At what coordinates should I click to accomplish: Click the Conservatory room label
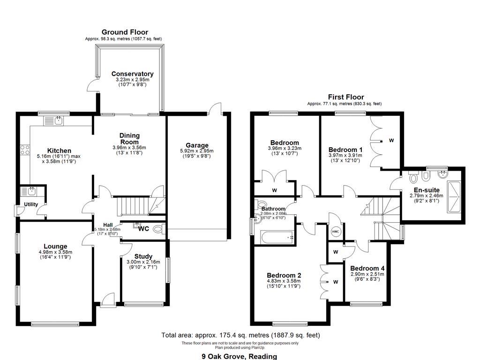point(132,74)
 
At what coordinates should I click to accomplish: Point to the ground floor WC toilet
point(158,229)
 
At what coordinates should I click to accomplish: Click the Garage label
point(197,145)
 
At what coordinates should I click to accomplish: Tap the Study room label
point(143,256)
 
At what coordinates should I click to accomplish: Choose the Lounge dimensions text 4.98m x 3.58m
point(55,252)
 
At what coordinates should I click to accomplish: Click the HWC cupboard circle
point(336,232)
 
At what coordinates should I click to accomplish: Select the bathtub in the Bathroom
point(277,237)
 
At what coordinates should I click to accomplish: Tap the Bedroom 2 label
point(284,275)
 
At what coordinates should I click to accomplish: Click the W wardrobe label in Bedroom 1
point(391,140)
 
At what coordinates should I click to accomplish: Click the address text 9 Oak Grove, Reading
point(239,356)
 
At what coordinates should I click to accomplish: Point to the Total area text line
point(240,335)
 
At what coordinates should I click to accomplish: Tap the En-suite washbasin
point(442,175)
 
